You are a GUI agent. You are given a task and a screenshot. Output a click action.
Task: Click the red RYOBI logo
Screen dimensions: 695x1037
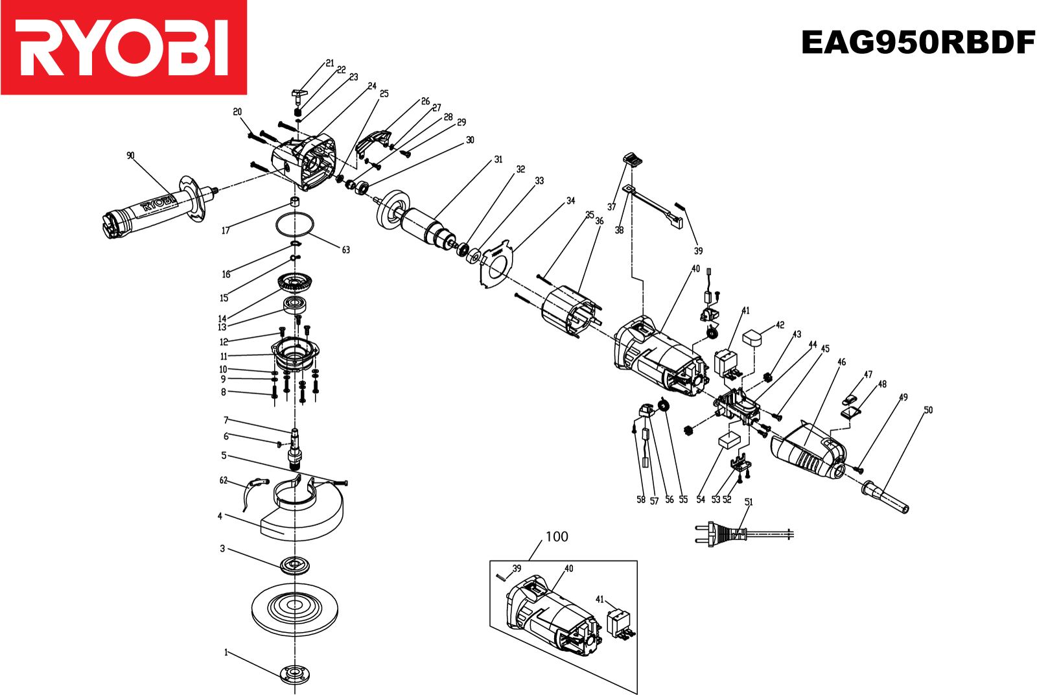click(123, 47)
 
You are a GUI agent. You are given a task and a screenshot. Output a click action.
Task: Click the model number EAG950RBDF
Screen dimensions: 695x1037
click(918, 43)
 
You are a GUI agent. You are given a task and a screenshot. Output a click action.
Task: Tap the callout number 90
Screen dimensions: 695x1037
click(130, 156)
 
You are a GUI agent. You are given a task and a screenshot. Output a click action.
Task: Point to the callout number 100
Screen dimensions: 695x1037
click(557, 537)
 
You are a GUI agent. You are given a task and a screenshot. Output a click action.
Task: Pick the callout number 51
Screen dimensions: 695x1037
click(749, 502)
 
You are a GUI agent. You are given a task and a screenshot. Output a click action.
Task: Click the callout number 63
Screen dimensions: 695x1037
click(345, 250)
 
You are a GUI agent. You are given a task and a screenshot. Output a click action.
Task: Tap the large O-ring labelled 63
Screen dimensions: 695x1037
click(295, 226)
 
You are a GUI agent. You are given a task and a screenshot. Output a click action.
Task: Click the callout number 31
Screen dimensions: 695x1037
click(498, 159)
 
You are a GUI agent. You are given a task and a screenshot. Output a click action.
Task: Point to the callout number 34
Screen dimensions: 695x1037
click(570, 201)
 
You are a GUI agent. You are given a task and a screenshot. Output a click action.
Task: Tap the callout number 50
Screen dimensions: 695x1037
click(928, 410)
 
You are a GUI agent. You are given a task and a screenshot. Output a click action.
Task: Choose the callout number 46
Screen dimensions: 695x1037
click(841, 362)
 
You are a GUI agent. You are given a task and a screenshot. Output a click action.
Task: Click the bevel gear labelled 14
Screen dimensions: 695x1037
click(296, 283)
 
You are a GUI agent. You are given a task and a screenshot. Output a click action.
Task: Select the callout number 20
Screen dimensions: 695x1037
click(237, 112)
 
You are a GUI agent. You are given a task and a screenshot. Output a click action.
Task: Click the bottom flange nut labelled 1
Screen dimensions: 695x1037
click(295, 674)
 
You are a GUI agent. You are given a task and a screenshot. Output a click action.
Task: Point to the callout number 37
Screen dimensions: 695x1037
click(611, 207)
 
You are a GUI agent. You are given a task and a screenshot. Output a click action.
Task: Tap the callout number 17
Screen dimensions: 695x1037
click(226, 230)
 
